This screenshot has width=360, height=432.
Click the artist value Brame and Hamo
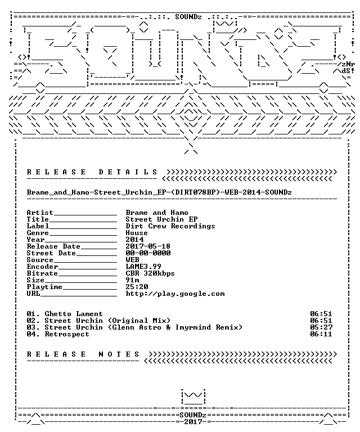tap(157, 213)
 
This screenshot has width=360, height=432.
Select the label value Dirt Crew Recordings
tap(170, 226)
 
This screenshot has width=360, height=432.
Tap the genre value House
tap(137, 233)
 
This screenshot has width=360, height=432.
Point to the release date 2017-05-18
tap(148, 246)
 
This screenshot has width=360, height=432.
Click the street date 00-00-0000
tap(148, 253)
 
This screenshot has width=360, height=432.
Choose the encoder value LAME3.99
tap(143, 267)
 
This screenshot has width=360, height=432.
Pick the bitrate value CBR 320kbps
tap(150, 273)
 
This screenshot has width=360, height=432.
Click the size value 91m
tap(132, 280)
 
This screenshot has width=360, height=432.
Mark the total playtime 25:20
tap(137, 287)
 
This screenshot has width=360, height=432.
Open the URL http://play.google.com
tap(175, 294)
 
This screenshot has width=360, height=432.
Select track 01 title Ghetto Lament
tap(74, 314)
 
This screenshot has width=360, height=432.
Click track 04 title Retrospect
tap(67, 334)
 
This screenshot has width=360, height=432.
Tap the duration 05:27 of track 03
tap(321, 327)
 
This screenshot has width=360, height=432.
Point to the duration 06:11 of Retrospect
tap(321, 334)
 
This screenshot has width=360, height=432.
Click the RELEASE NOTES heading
tap(83, 354)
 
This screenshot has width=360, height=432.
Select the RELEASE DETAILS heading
tap(92, 172)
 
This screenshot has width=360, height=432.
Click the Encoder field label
tap(42, 267)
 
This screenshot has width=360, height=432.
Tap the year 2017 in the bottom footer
tap(193, 422)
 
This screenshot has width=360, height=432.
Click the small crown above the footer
tap(193, 397)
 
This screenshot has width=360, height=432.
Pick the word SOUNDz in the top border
tap(188, 17)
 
